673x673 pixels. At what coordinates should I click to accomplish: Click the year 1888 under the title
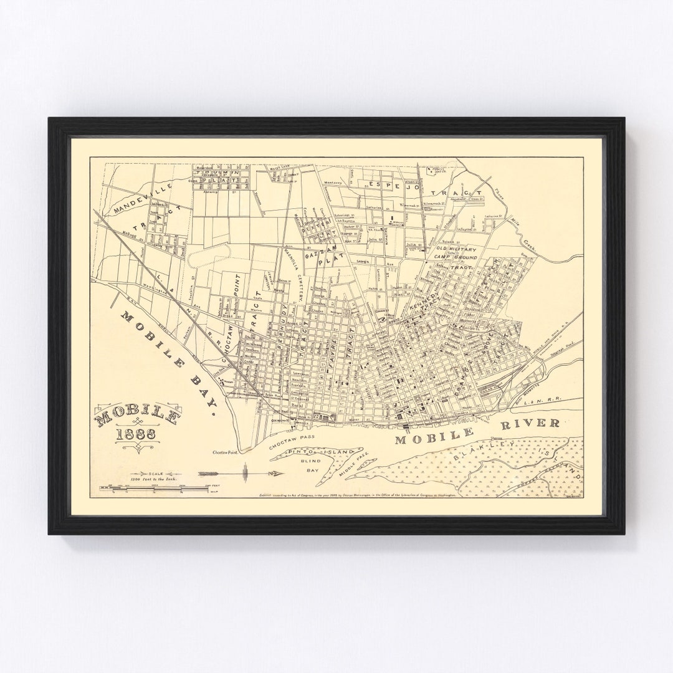pyautogui.click(x=135, y=435)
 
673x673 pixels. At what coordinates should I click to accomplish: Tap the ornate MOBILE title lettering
pyautogui.click(x=138, y=417)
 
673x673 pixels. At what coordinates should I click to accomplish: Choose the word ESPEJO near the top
pyautogui.click(x=387, y=184)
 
